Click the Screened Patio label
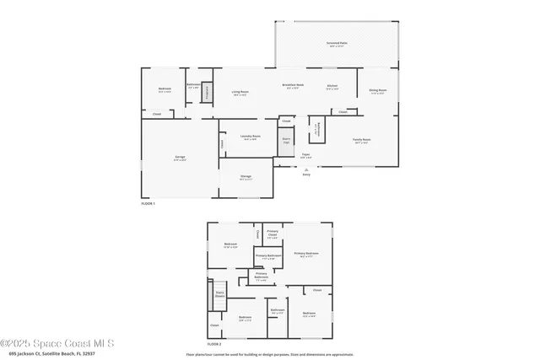coord(336,43)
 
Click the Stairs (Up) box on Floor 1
coord(286,140)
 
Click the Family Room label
coord(363,140)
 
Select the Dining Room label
coord(377,91)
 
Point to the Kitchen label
coord(332,86)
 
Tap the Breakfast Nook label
coord(292,86)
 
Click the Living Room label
coord(240,92)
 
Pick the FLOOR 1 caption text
coord(148,203)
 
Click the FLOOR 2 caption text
coord(214,344)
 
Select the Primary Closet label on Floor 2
coord(273,233)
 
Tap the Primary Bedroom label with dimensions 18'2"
coord(305,254)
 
